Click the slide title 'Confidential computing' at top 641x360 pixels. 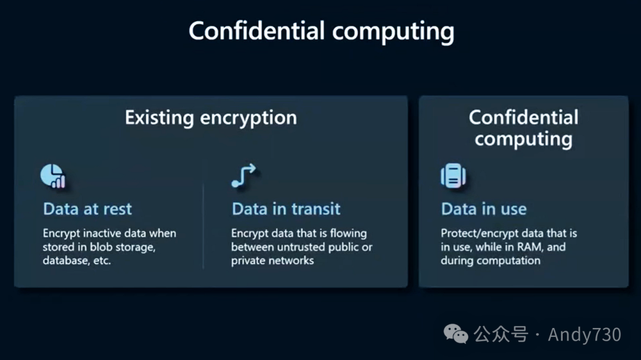[321, 31]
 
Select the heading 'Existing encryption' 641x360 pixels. [211, 117]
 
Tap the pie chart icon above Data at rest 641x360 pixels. [52, 176]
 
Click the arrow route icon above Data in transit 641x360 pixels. [243, 176]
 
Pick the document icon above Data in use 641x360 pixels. [453, 176]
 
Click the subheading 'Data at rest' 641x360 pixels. [87, 209]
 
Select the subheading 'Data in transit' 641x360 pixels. [286, 209]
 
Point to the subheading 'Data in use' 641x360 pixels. [484, 209]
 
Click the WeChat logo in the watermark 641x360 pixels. [457, 334]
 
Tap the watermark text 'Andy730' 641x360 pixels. [584, 334]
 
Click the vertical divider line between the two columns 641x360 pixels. [204, 225]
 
